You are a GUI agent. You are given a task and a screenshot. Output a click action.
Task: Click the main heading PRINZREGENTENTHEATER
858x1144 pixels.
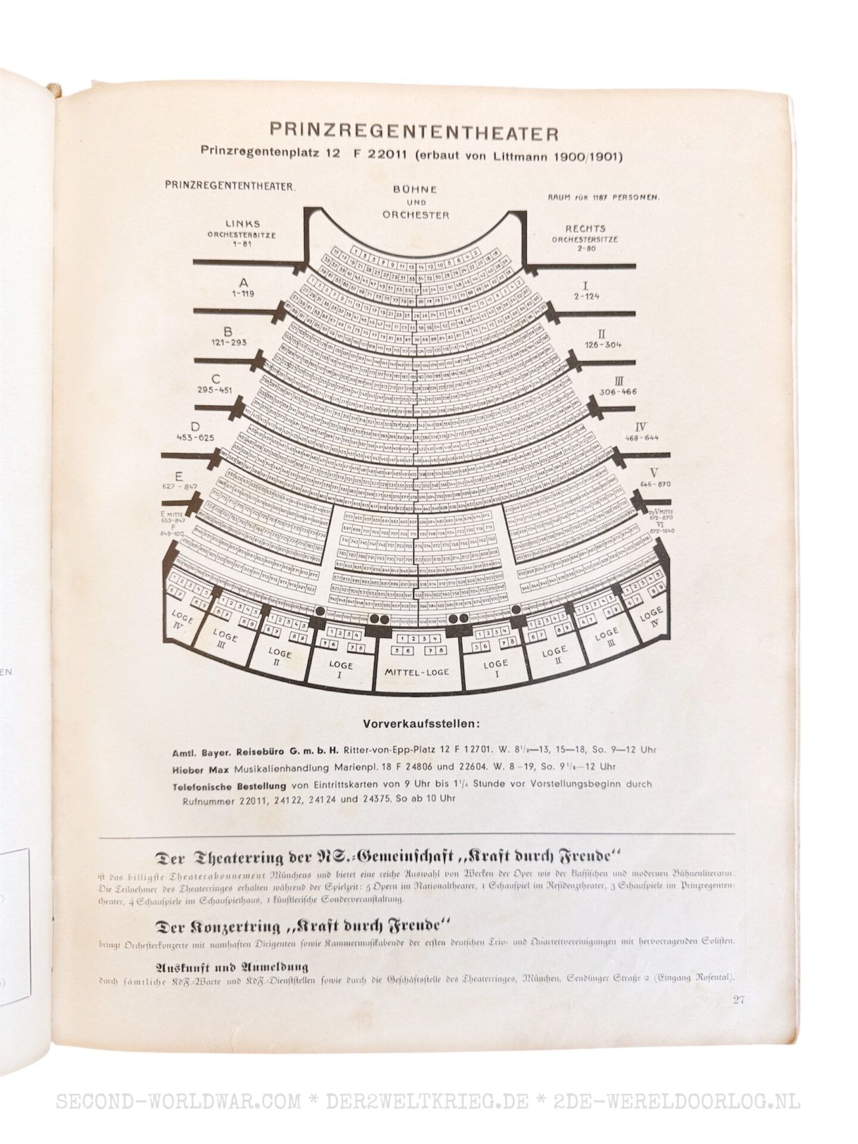click(414, 132)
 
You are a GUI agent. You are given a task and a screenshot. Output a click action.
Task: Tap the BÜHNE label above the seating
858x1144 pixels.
click(415, 189)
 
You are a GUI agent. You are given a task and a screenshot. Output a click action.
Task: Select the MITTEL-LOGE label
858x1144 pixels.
click(416, 672)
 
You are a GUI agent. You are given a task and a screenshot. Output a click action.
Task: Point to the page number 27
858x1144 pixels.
click(739, 1000)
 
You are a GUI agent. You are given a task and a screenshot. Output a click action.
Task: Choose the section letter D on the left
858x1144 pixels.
click(195, 426)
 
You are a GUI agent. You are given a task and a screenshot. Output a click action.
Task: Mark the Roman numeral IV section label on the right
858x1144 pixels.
click(641, 427)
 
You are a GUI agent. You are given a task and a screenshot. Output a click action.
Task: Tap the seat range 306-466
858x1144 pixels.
click(618, 392)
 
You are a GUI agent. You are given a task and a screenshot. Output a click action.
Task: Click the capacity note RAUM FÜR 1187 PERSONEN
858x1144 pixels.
click(603, 197)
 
